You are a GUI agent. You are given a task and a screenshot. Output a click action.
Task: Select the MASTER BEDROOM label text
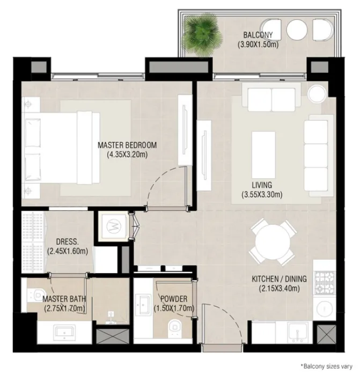coord(127,145)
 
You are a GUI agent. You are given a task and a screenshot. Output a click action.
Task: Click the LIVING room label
coord(261,185)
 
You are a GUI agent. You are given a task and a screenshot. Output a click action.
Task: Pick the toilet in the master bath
coord(35,295)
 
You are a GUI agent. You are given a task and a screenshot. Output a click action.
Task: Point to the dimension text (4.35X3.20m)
coord(127,155)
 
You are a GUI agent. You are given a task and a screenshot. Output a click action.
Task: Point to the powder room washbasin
coord(144,307)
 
